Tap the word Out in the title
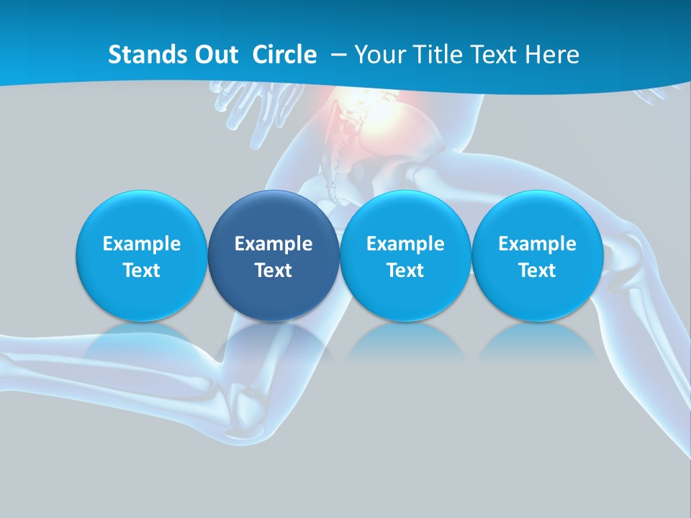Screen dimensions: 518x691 214,55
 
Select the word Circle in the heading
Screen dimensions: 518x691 284,55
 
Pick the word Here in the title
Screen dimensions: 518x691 551,55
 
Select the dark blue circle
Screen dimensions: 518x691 274,255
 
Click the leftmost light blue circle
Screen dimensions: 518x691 142,255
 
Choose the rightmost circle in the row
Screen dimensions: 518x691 537,255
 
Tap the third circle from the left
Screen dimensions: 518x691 405,255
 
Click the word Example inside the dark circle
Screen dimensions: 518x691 274,244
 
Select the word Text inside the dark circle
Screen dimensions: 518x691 274,271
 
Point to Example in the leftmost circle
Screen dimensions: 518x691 142,244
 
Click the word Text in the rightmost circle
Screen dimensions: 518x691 537,271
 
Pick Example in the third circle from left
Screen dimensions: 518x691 405,244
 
